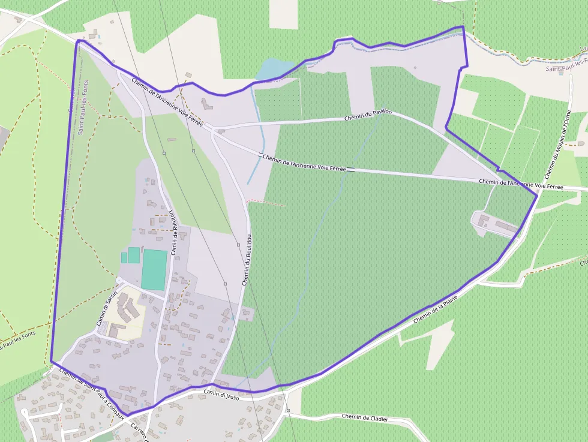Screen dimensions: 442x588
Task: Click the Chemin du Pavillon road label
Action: point(368,115)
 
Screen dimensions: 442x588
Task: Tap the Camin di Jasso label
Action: point(222,393)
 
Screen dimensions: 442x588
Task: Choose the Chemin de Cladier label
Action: point(365,417)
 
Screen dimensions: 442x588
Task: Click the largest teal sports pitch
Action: point(154,270)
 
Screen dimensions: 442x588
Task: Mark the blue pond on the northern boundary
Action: point(274,70)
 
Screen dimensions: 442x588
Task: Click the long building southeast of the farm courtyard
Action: point(506,228)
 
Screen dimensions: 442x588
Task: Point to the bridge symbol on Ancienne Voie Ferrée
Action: point(350,170)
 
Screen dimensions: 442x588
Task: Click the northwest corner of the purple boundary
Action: point(78,41)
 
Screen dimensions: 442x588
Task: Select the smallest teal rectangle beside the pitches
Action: point(124,257)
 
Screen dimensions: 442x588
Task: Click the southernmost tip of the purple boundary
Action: point(128,416)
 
